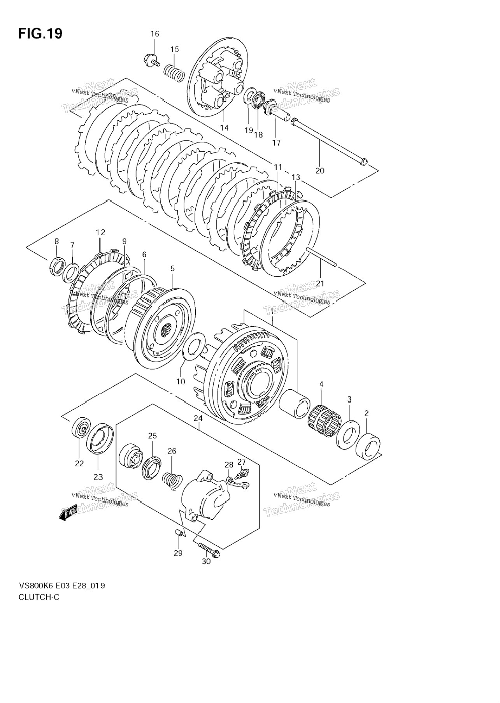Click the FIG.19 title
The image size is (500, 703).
(x=40, y=34)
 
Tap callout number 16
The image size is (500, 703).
(x=155, y=34)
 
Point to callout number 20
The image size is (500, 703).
(x=320, y=170)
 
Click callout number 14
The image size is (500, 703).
(x=224, y=128)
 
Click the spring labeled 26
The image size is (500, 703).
(x=171, y=481)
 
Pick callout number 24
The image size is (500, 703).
(x=198, y=419)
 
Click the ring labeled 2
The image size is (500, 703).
(x=368, y=448)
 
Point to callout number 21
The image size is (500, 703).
(x=320, y=283)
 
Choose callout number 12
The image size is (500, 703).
(x=100, y=233)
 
